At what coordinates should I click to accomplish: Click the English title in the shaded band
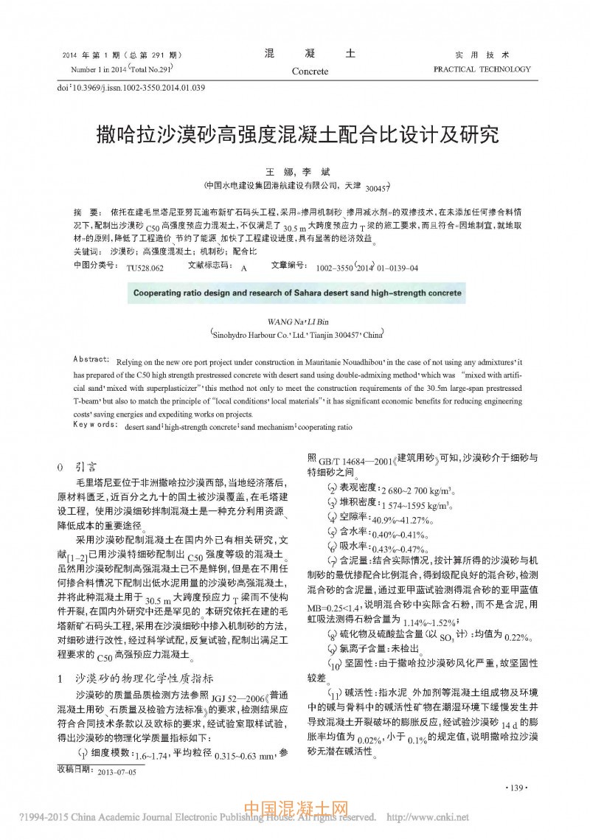click(297, 293)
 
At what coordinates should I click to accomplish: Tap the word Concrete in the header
click(310, 72)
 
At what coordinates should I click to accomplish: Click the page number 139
click(518, 788)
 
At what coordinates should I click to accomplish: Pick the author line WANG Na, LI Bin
click(298, 321)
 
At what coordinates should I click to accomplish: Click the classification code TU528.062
click(145, 268)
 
